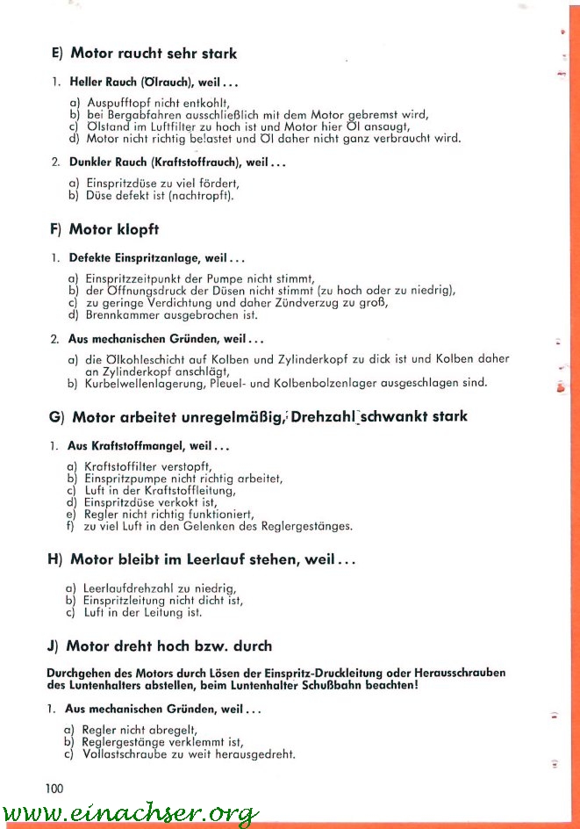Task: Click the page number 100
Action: click(x=54, y=788)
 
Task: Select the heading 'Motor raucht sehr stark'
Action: click(x=154, y=54)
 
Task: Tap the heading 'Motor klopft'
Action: click(x=114, y=229)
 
